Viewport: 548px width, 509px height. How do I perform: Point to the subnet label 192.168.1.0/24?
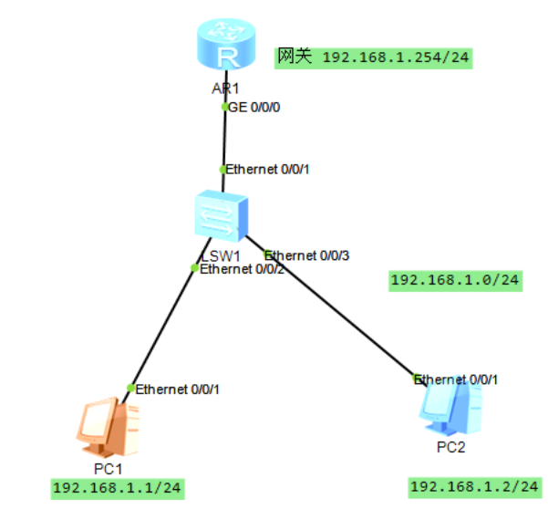456,280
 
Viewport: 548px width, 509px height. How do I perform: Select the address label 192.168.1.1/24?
118,489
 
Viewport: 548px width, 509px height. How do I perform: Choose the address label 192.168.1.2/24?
474,488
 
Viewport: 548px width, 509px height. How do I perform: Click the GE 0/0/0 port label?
254,107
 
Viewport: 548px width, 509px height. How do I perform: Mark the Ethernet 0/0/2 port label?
242,269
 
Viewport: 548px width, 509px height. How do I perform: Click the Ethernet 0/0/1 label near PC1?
178,389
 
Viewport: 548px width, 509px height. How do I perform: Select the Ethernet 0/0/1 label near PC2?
460,379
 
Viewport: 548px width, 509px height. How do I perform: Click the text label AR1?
222,88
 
